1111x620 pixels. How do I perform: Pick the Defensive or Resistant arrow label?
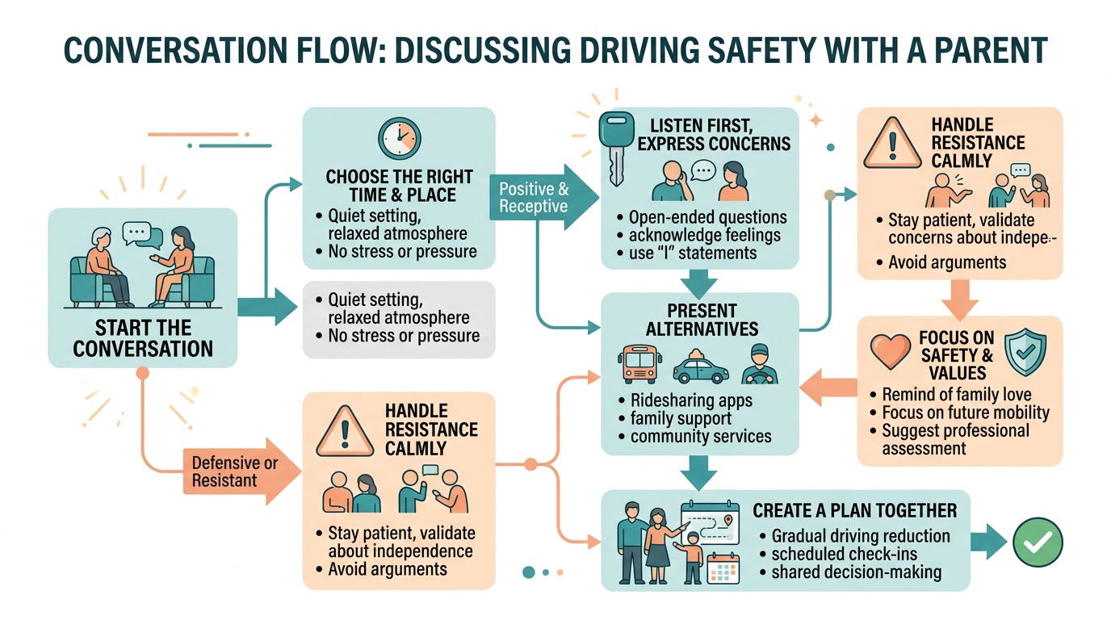pyautogui.click(x=234, y=472)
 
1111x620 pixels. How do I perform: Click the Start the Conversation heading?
pyautogui.click(x=143, y=338)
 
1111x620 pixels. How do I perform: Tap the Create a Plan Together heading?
pyautogui.click(x=854, y=510)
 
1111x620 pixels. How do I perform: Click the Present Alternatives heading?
pyautogui.click(x=701, y=320)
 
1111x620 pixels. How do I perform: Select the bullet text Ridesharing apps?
pyautogui.click(x=690, y=400)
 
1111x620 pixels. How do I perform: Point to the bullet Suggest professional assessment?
pyautogui.click(x=955, y=438)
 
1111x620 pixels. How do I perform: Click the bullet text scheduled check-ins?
pyautogui.click(x=845, y=554)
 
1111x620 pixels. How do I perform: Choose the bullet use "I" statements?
pyautogui.click(x=692, y=253)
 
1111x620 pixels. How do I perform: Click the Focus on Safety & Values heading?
pyautogui.click(x=956, y=354)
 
